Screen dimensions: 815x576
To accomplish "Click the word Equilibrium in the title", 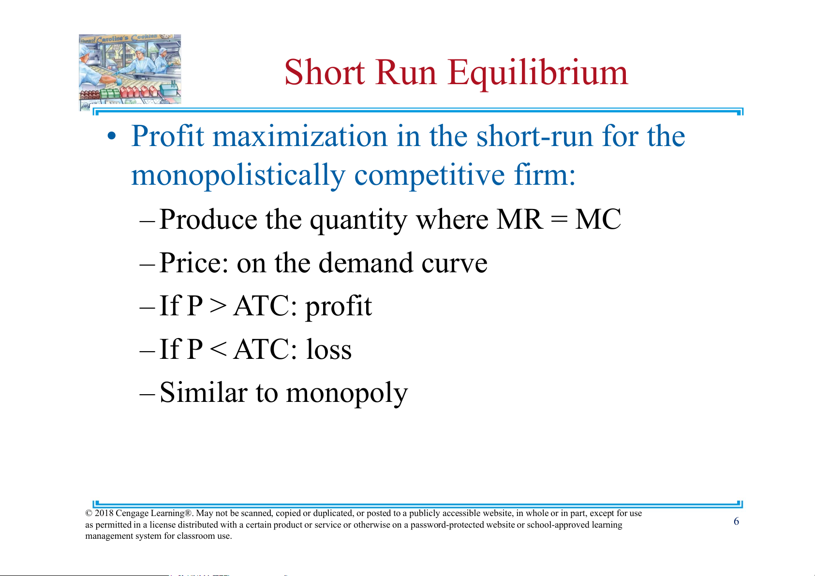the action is (x=538, y=74).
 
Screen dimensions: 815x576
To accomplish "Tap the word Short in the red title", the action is (x=324, y=72).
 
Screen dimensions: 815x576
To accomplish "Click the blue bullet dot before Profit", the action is (x=112, y=136).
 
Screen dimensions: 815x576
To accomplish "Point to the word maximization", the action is (x=300, y=136).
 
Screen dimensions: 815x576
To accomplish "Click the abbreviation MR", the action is (x=520, y=220).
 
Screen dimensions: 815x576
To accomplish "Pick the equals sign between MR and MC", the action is (x=559, y=220).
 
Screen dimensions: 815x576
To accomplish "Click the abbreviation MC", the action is (x=598, y=220).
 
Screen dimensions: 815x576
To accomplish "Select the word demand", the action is (x=366, y=262).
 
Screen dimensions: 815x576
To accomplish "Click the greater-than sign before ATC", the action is (x=218, y=306).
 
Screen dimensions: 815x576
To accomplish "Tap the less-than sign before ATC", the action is (x=218, y=350).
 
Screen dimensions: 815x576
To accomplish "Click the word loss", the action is (x=328, y=349).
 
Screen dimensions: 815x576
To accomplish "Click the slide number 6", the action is (x=736, y=521).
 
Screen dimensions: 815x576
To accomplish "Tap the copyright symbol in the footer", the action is (x=89, y=514).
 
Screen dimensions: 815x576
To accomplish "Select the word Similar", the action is (x=203, y=392).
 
